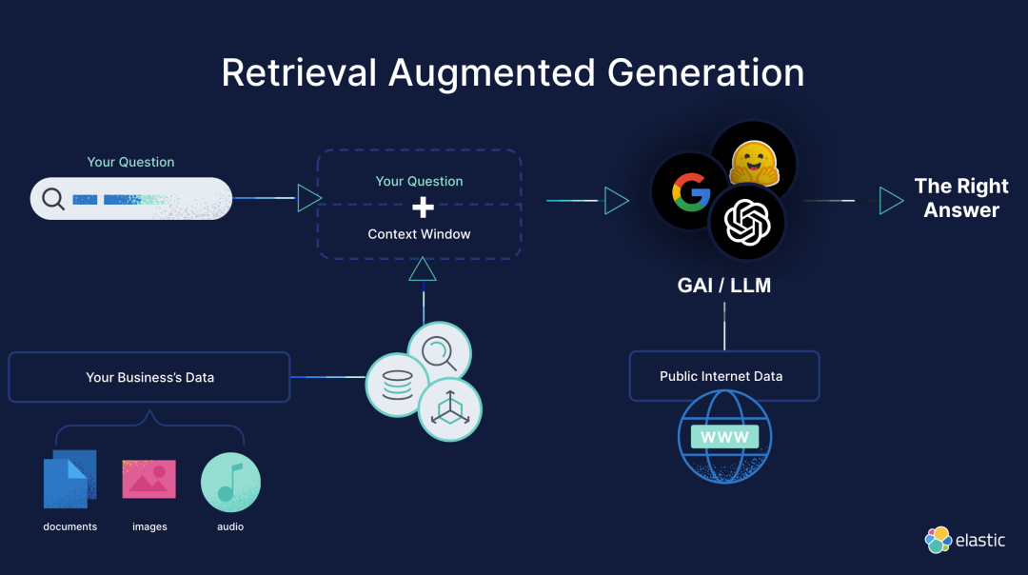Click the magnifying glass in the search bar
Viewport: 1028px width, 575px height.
pos(54,200)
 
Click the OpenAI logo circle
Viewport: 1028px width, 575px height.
pos(747,223)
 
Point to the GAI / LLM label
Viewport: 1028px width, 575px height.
pos(723,285)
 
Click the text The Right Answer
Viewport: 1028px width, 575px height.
pos(961,198)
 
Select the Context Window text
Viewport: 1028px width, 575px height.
pos(419,234)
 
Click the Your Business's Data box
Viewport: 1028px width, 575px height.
pos(149,377)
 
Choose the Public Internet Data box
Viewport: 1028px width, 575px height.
pos(723,376)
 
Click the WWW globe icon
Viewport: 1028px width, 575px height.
pos(724,438)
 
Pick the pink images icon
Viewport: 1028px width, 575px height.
pos(148,479)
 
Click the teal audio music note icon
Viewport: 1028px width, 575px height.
pos(230,483)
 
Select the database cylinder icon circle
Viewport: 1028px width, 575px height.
pos(397,384)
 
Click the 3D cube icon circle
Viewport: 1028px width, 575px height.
pos(450,410)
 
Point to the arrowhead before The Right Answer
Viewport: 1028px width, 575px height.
pos(891,201)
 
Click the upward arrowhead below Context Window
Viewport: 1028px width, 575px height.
pos(423,269)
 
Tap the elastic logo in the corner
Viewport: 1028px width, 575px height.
pos(964,540)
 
